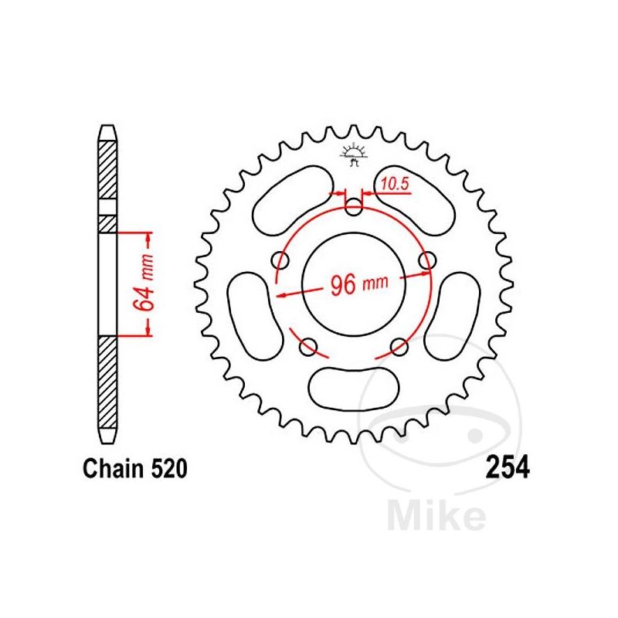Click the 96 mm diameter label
(358, 285)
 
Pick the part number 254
(506, 467)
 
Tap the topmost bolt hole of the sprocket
(353, 207)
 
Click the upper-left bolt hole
(282, 263)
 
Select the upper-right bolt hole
(425, 263)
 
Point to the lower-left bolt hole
(308, 345)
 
